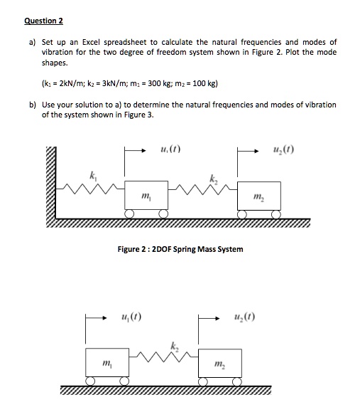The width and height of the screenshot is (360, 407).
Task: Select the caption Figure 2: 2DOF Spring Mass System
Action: pos(180,249)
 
